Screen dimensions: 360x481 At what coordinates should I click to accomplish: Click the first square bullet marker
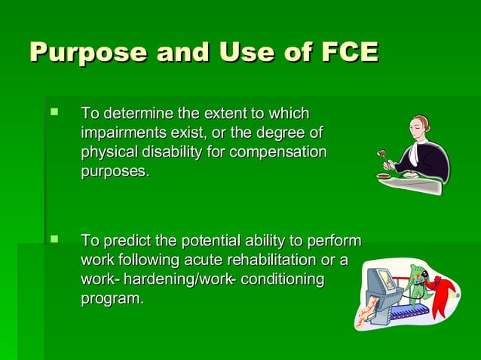54,113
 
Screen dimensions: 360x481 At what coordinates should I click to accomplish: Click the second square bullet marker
54,240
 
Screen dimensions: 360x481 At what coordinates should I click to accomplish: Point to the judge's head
419,126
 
